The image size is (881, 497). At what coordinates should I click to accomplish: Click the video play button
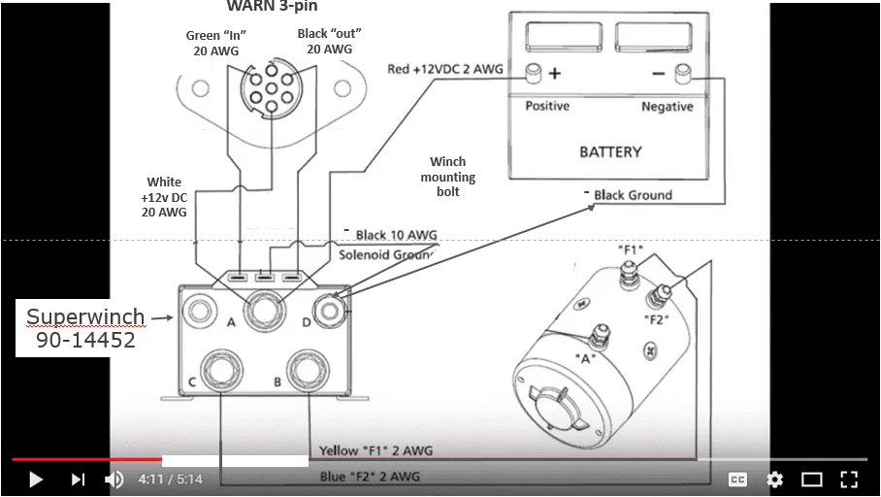pos(36,479)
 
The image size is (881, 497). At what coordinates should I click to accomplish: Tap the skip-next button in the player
pos(78,479)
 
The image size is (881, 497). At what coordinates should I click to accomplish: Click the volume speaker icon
pos(114,479)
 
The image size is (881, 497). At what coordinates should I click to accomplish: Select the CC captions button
pos(737,479)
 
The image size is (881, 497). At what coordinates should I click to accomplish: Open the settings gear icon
pos(774,479)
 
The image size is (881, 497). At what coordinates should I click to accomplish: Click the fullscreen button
pos(849,479)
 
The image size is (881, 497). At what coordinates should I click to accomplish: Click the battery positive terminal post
pos(533,72)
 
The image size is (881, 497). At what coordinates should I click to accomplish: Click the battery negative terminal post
pos(682,71)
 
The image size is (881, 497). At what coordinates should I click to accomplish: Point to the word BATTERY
pos(610,151)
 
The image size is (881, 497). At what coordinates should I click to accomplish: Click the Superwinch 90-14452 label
pos(84,329)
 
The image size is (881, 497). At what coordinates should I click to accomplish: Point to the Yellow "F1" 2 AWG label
pos(376,451)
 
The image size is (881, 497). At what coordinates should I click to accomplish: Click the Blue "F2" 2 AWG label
pos(370,477)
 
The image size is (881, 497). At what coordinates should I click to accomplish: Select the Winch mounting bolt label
pos(447,177)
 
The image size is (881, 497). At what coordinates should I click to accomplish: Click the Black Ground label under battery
pos(633,195)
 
